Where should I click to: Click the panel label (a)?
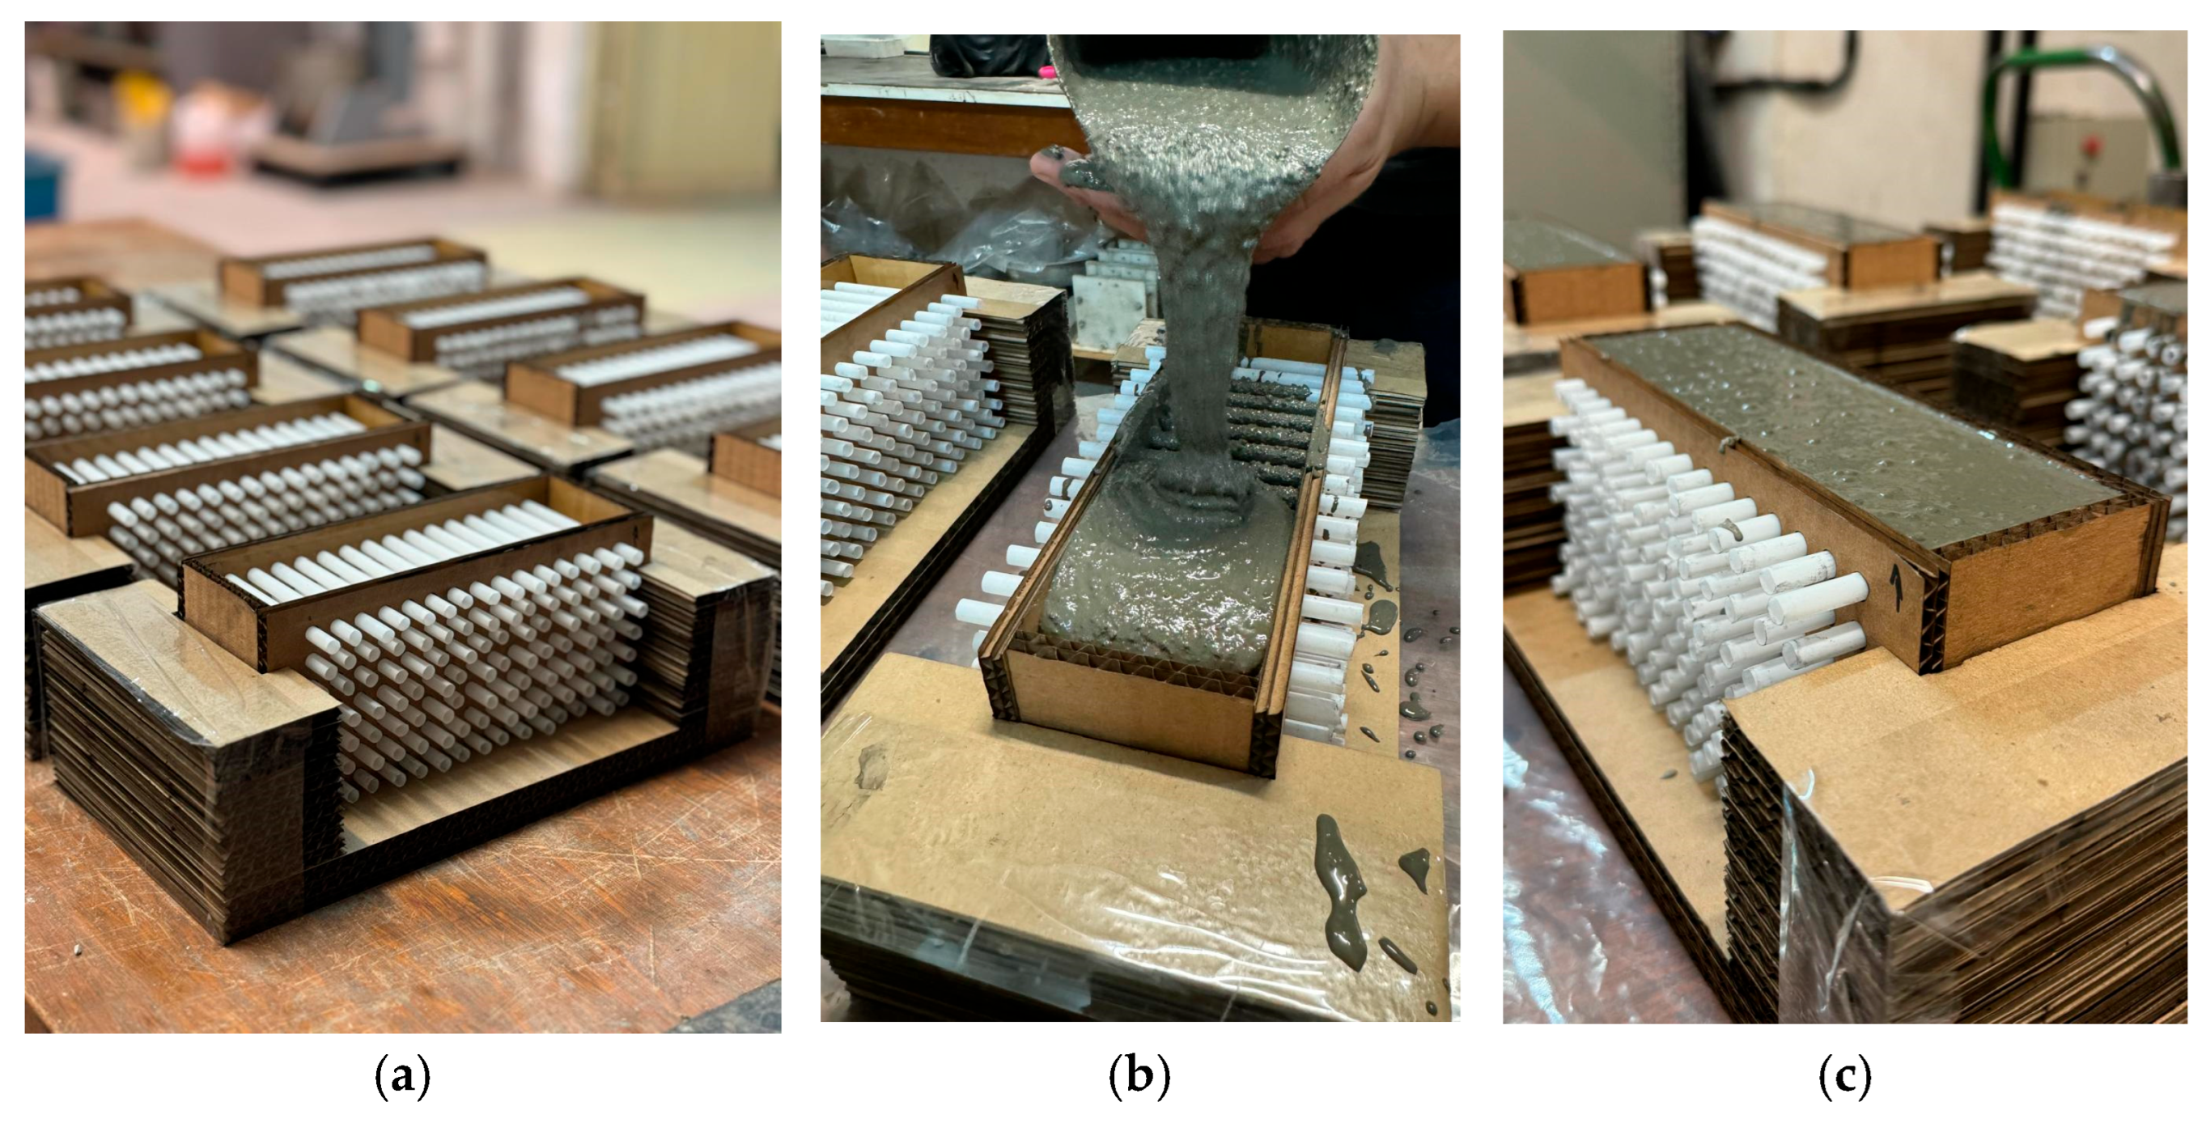[401, 1077]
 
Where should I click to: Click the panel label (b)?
[1139, 1077]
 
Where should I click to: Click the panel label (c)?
[1844, 1077]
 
